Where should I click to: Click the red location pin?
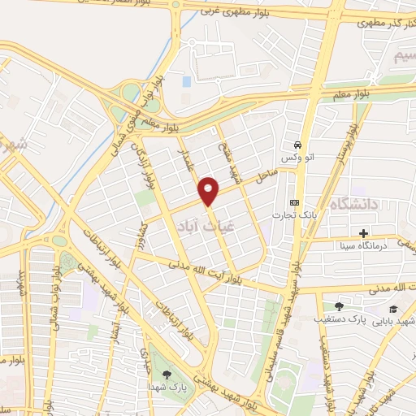click(x=210, y=191)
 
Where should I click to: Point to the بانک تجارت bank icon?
click(x=293, y=202)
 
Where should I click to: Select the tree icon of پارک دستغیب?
click(x=339, y=306)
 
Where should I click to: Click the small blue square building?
click(x=187, y=81)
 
